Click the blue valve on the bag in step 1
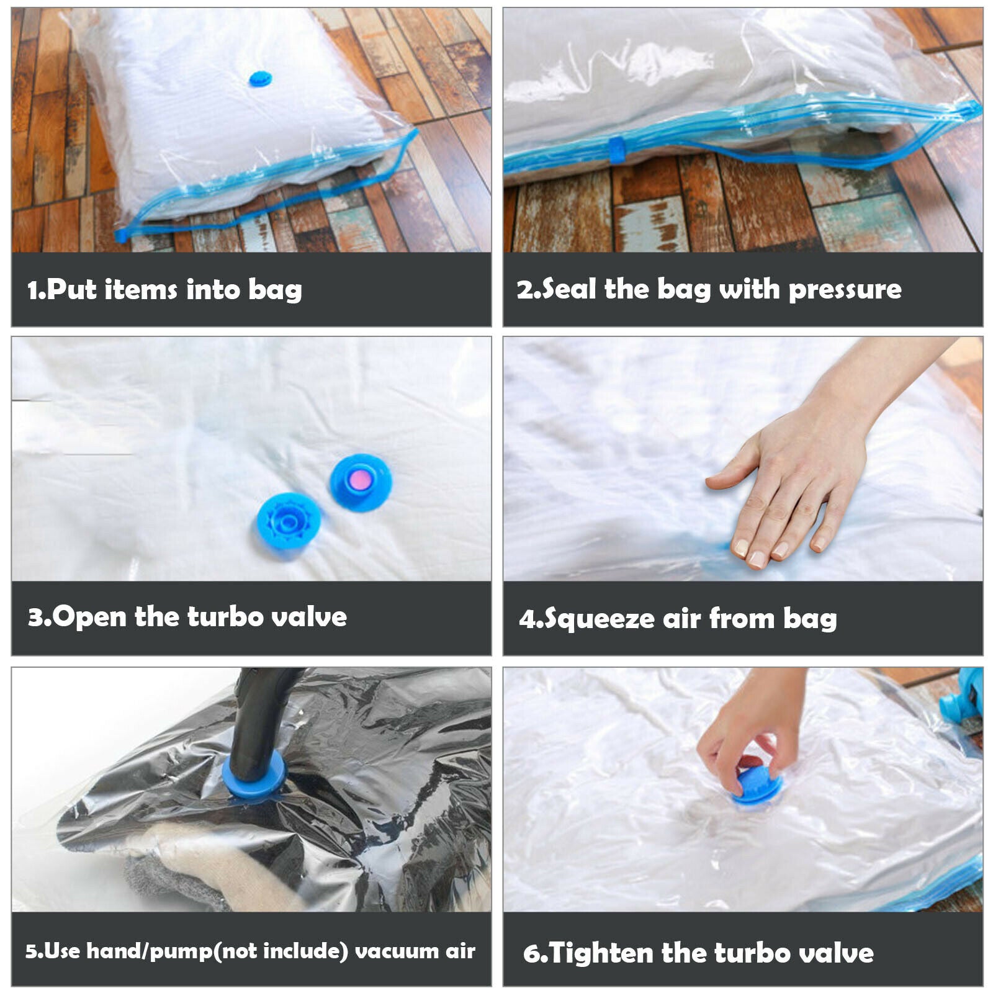pyautogui.click(x=261, y=79)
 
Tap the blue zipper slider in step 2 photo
pyautogui.click(x=617, y=150)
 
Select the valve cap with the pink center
pyautogui.click(x=361, y=483)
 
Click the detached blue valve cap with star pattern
pyautogui.click(x=289, y=521)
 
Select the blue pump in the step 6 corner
pyautogui.click(x=961, y=694)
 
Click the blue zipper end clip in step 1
pyautogui.click(x=121, y=235)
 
